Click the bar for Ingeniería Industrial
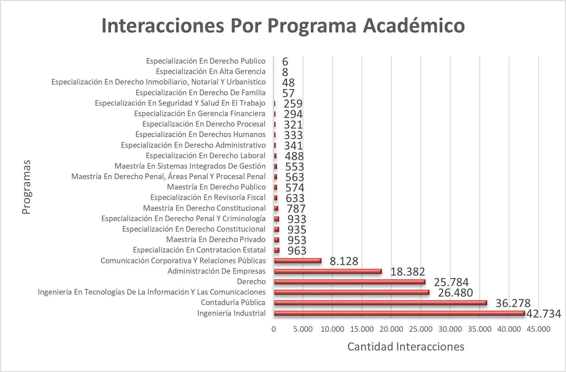(399, 313)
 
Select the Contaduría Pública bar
(380, 303)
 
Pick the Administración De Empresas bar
(328, 271)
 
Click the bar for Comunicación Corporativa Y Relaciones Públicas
(298, 261)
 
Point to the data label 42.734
(544, 314)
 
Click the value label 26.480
(455, 293)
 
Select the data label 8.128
(344, 261)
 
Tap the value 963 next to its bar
(297, 251)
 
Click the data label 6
(285, 62)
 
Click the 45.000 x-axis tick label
(539, 329)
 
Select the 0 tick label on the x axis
(274, 329)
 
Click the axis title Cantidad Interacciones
(406, 347)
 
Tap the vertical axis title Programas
(27, 187)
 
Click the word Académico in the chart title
(414, 25)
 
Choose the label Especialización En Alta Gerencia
(210, 72)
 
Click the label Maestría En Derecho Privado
(216, 240)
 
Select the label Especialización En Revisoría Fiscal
(208, 198)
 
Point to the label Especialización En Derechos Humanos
(200, 135)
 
